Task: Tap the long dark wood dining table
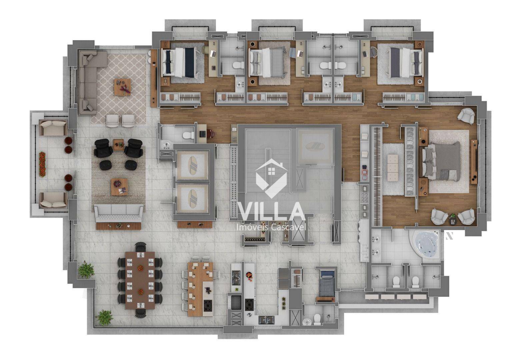pyautogui.click(x=140, y=280)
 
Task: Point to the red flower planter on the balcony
pyautogui.click(x=42, y=164)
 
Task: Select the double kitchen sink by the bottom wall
pyautogui.click(x=266, y=320)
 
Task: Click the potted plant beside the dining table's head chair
pyautogui.click(x=105, y=318)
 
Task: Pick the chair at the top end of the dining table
pyautogui.click(x=140, y=247)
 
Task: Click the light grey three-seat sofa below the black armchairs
pyautogui.click(x=119, y=213)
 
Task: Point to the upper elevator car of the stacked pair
pyautogui.click(x=192, y=165)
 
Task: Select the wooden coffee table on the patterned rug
pyautogui.click(x=123, y=87)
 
